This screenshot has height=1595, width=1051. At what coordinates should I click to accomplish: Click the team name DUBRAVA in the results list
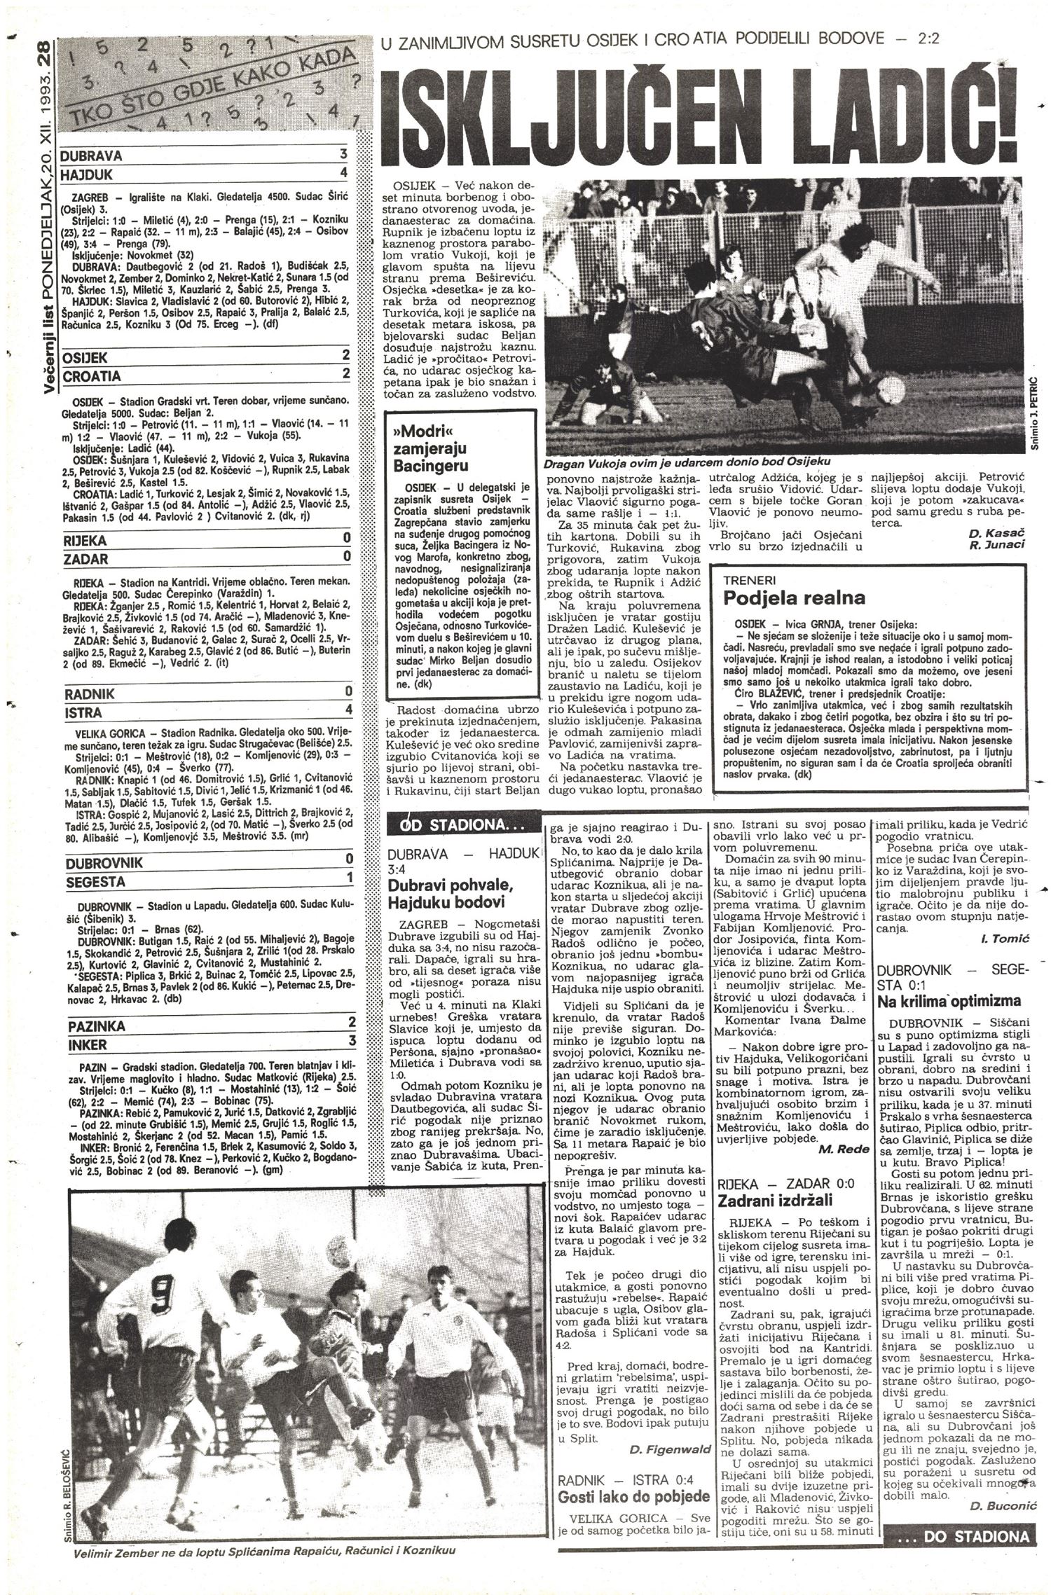92,155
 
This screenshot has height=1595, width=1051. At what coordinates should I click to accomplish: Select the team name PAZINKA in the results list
97,1026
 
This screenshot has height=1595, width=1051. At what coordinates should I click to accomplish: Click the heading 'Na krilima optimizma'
948,1000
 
